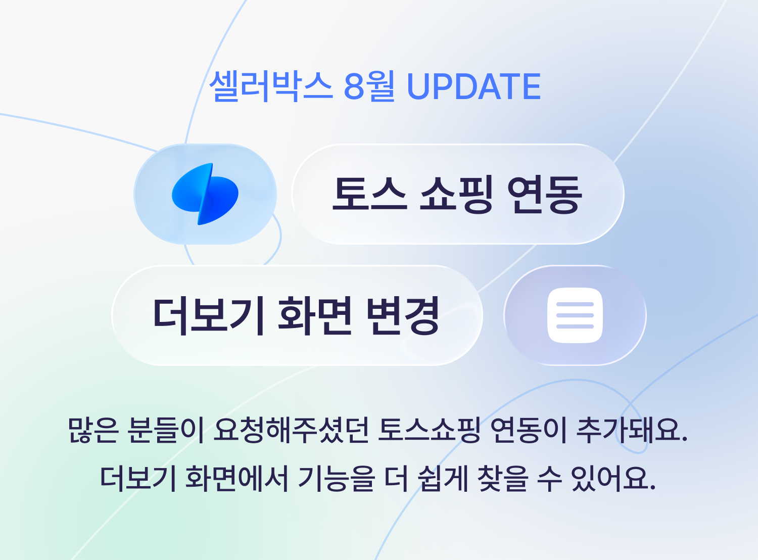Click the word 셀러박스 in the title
tap(271, 86)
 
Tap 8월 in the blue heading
tap(369, 86)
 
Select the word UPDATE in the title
tap(473, 86)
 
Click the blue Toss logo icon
tap(205, 194)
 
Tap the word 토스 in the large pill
tap(370, 194)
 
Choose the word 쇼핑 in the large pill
tap(457, 194)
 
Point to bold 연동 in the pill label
tap(545, 194)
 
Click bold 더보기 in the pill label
tap(208, 315)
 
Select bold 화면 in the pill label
tap(315, 315)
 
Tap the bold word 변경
tap(403, 315)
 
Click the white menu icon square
tap(575, 315)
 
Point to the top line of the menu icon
tap(575, 304)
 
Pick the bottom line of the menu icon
tap(575, 326)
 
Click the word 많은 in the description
tap(93, 430)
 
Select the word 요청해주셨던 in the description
tap(291, 430)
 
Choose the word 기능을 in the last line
tap(337, 478)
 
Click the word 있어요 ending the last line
tap(613, 478)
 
